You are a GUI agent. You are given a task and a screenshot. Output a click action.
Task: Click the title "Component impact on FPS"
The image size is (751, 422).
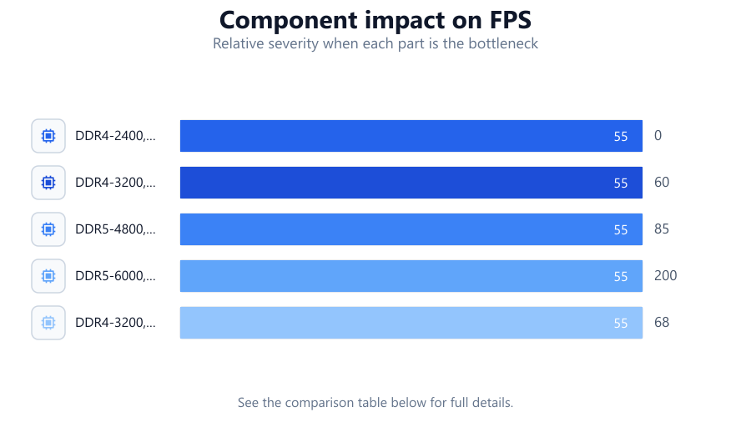pyautogui.click(x=375, y=20)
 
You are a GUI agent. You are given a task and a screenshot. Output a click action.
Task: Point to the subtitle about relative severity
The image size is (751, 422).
pyautogui.click(x=375, y=43)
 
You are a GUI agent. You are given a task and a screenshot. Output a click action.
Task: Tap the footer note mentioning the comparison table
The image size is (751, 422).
pyautogui.click(x=375, y=402)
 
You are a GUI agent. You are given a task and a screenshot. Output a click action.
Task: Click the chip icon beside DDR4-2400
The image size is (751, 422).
pyautogui.click(x=48, y=136)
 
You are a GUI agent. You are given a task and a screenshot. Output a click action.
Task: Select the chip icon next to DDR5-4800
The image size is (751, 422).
pyautogui.click(x=48, y=229)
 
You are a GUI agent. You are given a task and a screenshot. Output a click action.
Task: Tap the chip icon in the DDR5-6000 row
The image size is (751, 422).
pyautogui.click(x=48, y=276)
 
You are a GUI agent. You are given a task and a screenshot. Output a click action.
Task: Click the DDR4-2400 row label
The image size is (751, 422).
pyautogui.click(x=115, y=136)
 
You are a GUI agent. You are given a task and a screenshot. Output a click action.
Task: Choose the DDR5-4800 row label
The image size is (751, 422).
pyautogui.click(x=115, y=229)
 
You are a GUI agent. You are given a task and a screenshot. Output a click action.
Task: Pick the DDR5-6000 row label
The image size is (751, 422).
pyautogui.click(x=115, y=276)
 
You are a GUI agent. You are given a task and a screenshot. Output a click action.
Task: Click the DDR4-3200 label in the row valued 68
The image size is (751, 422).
pyautogui.click(x=115, y=323)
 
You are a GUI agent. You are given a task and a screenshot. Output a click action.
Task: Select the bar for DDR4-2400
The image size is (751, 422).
pyautogui.click(x=411, y=136)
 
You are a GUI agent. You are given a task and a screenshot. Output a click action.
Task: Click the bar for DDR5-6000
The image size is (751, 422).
pyautogui.click(x=411, y=276)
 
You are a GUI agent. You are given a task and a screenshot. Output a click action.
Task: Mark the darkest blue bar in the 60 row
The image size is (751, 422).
pyautogui.click(x=411, y=183)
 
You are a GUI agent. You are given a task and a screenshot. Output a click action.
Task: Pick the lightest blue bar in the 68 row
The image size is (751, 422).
pyautogui.click(x=411, y=323)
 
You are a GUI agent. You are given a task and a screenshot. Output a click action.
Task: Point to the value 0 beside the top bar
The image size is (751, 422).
pyautogui.click(x=658, y=135)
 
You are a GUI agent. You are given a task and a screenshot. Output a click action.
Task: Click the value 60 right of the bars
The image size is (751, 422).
pyautogui.click(x=662, y=183)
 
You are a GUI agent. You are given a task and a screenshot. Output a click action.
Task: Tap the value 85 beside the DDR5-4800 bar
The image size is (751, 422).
pyautogui.click(x=662, y=229)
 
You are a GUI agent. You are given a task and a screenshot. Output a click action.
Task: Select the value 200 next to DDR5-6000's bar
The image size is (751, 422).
pyautogui.click(x=666, y=275)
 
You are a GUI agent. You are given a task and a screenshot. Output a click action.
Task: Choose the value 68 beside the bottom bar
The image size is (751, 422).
pyautogui.click(x=662, y=322)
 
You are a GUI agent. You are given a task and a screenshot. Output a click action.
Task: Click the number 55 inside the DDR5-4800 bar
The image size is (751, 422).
pyautogui.click(x=621, y=229)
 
